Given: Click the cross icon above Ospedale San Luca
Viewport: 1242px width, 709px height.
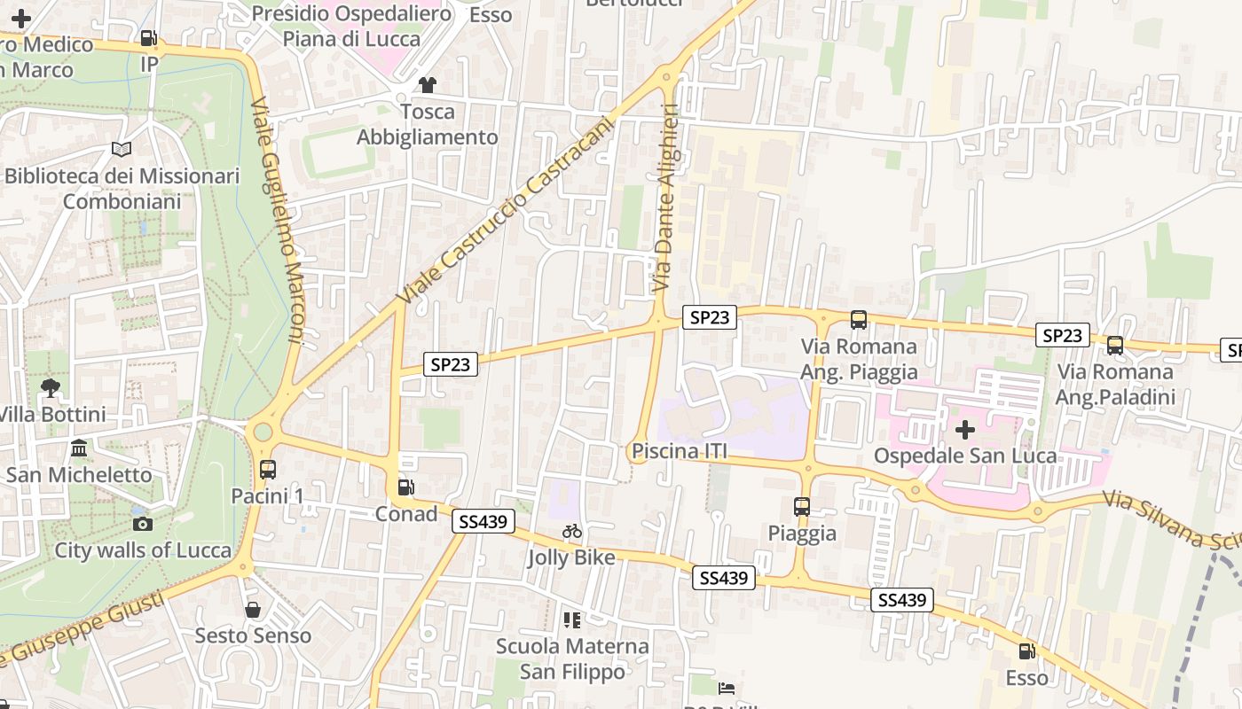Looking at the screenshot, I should click(964, 431).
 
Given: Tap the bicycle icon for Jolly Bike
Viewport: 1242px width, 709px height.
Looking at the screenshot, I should click(572, 531).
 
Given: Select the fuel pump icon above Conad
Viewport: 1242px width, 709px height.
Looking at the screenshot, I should click(406, 487).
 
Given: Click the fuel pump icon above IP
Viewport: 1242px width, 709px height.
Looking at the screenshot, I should click(149, 38).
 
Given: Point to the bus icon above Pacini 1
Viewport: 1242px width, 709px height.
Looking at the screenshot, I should click(267, 469).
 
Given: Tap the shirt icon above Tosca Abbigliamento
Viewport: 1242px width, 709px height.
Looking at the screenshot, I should click(428, 85).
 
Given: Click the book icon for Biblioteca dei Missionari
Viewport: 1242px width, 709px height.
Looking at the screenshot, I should click(122, 149).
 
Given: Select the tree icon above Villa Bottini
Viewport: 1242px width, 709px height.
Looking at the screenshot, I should click(51, 387).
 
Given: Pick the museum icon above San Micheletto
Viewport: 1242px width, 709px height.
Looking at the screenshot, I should click(79, 448).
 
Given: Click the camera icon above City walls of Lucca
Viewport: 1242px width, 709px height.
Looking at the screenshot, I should click(143, 524).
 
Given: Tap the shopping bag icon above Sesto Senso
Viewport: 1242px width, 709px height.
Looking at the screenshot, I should click(253, 610).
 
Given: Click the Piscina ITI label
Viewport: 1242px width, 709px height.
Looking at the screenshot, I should click(680, 452).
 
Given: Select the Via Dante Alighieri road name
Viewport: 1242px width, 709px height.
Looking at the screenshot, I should click(665, 199).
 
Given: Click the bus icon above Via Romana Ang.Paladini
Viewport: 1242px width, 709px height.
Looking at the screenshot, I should click(1115, 346).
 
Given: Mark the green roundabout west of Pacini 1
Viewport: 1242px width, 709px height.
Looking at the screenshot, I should click(263, 432).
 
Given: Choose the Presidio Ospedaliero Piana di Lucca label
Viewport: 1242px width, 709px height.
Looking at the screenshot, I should click(352, 25).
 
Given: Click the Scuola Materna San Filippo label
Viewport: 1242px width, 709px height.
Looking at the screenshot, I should click(572, 658).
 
